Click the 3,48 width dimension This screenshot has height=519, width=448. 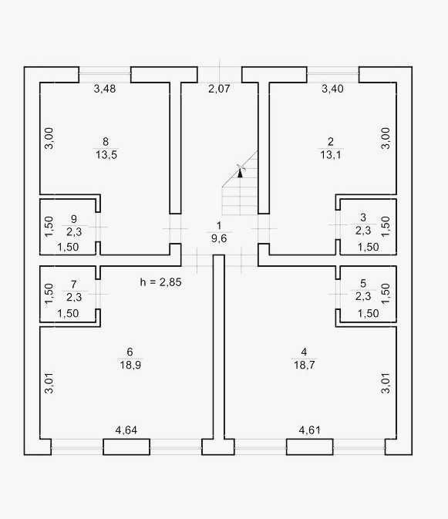105,89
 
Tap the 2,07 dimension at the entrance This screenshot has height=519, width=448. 219,89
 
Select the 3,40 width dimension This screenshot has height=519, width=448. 332,89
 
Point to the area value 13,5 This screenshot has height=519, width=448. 106,155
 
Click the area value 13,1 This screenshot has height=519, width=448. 331,155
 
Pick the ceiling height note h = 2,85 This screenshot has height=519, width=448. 161,282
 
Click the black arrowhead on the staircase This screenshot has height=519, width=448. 240,173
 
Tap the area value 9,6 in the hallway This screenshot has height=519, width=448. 219,238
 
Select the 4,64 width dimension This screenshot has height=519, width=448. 126,430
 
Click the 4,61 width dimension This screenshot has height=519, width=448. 310,430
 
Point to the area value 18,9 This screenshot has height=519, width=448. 130,365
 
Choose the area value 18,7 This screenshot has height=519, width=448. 305,365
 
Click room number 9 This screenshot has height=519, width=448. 74,219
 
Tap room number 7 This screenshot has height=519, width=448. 73,285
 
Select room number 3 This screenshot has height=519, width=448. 363,217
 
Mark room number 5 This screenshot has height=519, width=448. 363,283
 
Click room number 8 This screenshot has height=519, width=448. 106,142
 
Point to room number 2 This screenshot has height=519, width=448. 331,142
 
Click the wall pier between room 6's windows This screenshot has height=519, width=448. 126,447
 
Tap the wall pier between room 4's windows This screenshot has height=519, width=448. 310,447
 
